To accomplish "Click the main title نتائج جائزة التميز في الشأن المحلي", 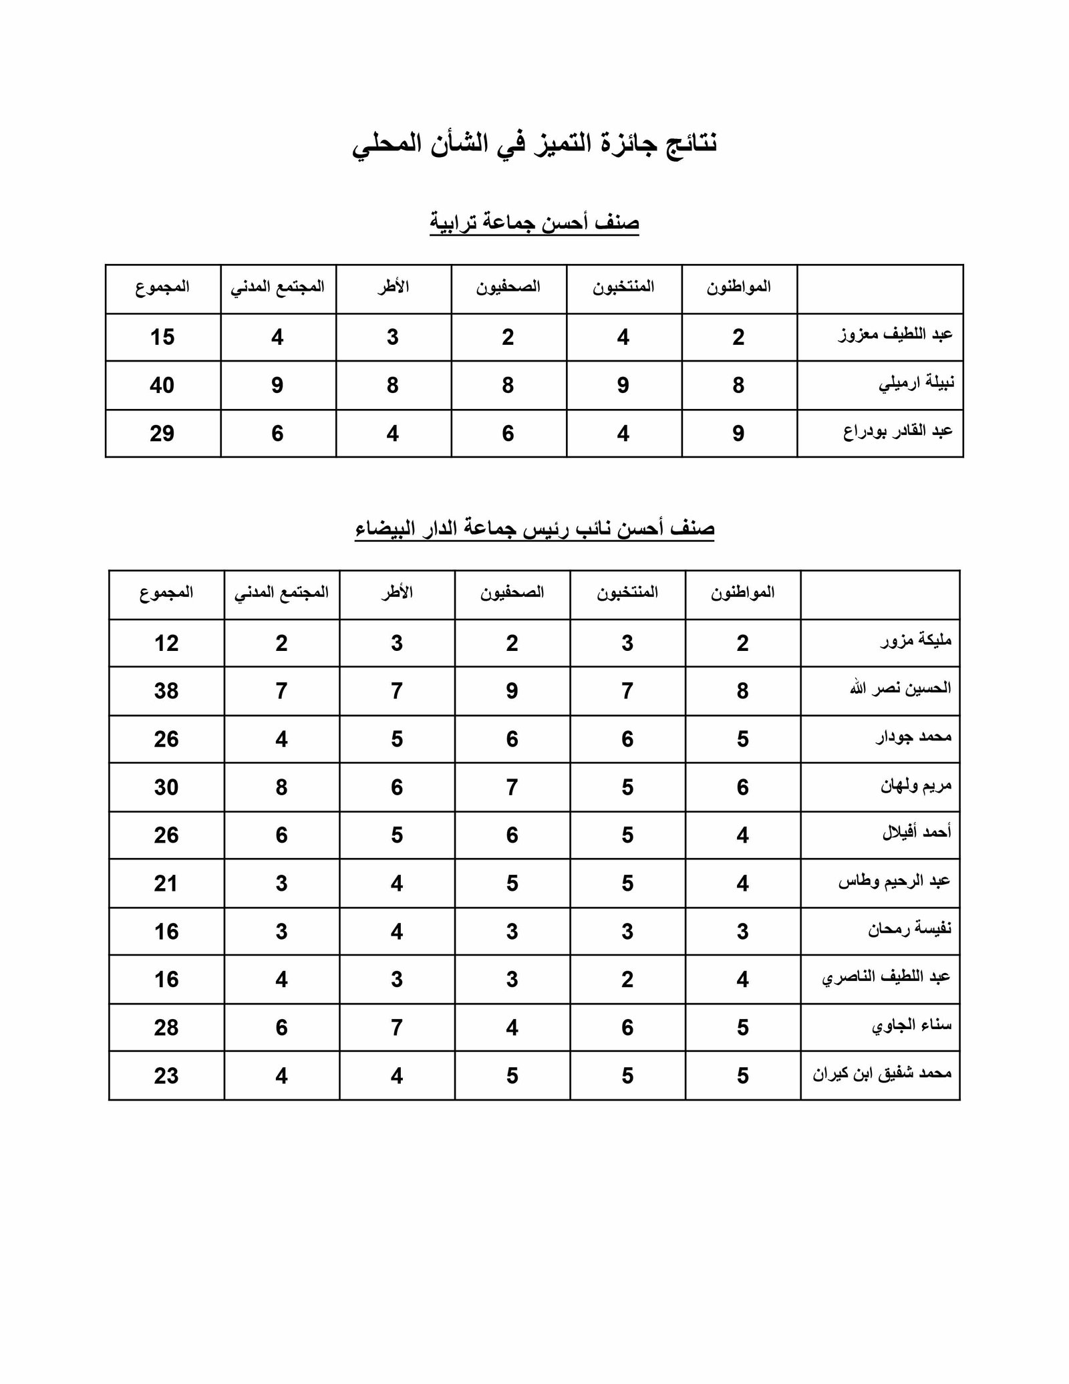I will pyautogui.click(x=534, y=144).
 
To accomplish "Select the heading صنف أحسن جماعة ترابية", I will pyautogui.click(x=534, y=223).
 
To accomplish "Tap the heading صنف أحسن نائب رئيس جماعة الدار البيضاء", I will pyautogui.click(x=534, y=529).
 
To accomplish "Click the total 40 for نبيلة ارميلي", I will pyautogui.click(x=162, y=386).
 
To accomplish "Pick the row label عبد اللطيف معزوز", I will pyautogui.click(x=895, y=335).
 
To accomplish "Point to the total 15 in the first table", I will pyautogui.click(x=162, y=337).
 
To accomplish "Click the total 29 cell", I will pyautogui.click(x=162, y=434).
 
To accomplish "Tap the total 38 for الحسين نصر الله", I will pyautogui.click(x=166, y=691).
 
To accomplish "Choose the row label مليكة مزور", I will pyautogui.click(x=915, y=642).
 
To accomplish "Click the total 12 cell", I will pyautogui.click(x=166, y=644).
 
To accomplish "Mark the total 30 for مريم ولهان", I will pyautogui.click(x=166, y=787).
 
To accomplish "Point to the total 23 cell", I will pyautogui.click(x=166, y=1076).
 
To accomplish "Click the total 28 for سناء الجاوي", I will pyautogui.click(x=166, y=1027).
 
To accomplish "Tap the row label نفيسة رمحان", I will pyautogui.click(x=909, y=929).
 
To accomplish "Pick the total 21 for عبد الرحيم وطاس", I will pyautogui.click(x=166, y=883).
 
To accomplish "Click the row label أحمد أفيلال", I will pyautogui.click(x=916, y=833).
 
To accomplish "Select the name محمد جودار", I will pyautogui.click(x=913, y=737).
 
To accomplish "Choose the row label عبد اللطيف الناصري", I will pyautogui.click(x=886, y=978).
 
